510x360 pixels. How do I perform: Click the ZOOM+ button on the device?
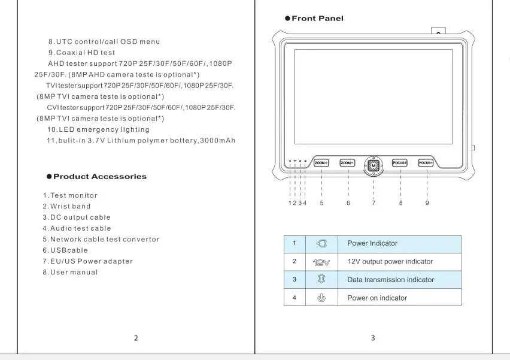pos(322,163)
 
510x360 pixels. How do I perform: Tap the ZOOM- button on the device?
pos(348,163)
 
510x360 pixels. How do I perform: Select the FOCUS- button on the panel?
pos(426,163)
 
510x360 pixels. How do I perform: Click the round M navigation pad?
pos(374,165)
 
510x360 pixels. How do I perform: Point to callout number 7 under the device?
pos(374,203)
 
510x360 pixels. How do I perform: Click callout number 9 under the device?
pos(427,203)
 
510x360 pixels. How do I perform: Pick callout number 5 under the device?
pos(321,203)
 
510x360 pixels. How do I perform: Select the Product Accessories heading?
pos(99,177)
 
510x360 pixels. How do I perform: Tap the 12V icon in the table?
pos(321,262)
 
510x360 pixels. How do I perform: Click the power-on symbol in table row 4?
pos(321,298)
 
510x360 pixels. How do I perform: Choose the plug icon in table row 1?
pos(321,244)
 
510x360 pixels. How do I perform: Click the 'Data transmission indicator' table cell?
pos(390,280)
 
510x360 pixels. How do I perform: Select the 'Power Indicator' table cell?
pos(372,243)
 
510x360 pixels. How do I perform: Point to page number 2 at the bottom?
pos(136,338)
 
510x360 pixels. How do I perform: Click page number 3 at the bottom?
pos(373,338)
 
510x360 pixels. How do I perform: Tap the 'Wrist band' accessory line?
pos(66,207)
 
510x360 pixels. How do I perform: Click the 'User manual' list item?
pos(70,273)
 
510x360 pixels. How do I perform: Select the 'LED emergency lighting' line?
pos(98,130)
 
